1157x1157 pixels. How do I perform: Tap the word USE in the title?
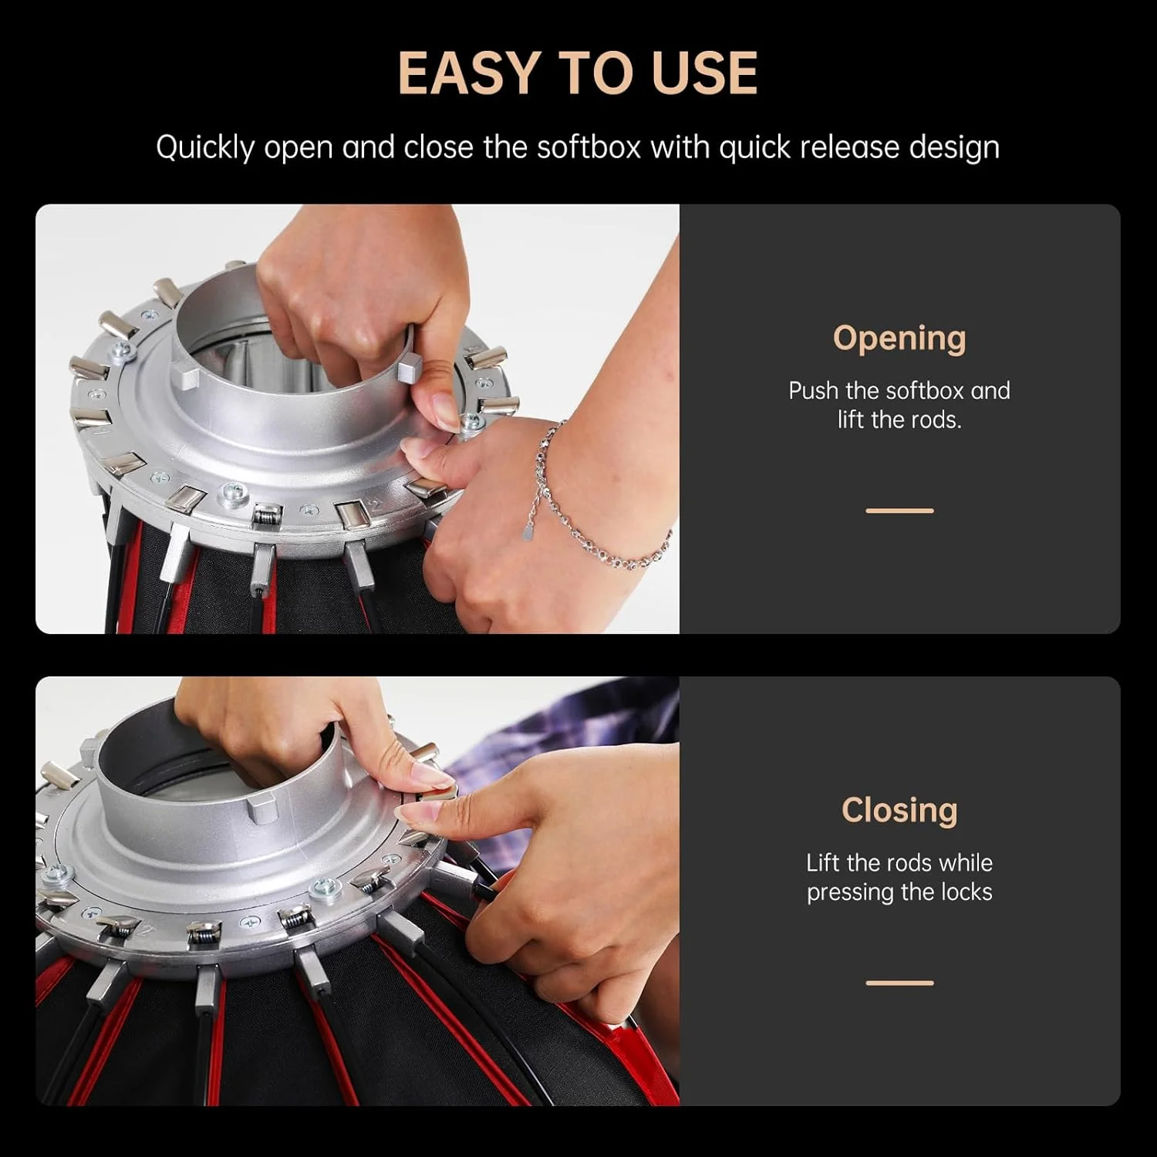(704, 73)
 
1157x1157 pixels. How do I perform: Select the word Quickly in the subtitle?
(204, 148)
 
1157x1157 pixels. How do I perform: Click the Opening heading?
(899, 339)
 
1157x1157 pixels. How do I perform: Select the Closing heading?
(899, 810)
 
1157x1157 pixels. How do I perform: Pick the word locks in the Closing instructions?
(966, 892)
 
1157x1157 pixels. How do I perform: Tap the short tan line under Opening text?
(899, 511)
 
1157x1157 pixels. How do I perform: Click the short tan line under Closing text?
(899, 983)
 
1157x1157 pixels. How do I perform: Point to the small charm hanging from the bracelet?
(528, 531)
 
